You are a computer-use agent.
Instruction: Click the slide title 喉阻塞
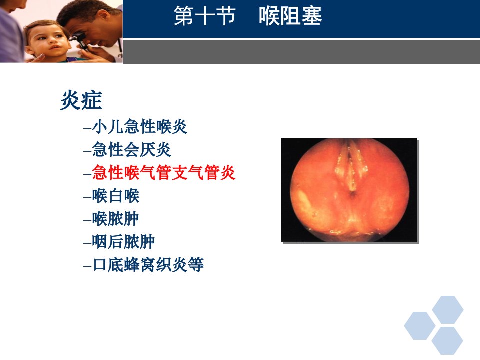[x=290, y=16]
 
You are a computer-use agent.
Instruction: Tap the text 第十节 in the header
[x=205, y=16]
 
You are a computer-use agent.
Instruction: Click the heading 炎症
[x=81, y=100]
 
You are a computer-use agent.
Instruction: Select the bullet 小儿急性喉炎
[x=140, y=126]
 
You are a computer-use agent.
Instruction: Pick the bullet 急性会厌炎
[x=132, y=149]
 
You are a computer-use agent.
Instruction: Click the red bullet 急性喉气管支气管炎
[x=164, y=172]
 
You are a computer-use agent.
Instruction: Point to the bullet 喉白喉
[x=116, y=196]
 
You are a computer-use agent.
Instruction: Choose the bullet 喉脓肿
[x=116, y=219]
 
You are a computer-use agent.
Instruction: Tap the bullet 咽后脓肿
[x=123, y=242]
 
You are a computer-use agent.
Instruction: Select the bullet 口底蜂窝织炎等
[x=148, y=265]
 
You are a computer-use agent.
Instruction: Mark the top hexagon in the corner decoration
[x=448, y=310]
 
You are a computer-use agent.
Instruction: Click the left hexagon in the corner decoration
[x=420, y=326]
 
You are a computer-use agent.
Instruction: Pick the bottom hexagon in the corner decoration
[x=447, y=341]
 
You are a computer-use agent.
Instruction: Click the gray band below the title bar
[x=301, y=51]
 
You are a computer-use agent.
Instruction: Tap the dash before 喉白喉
[x=87, y=197]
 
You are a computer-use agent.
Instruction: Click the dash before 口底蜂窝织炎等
[x=87, y=266]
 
